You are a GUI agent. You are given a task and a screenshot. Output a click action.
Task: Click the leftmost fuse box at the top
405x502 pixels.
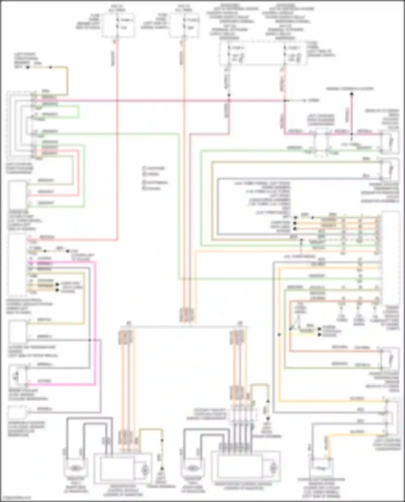(x=118, y=25)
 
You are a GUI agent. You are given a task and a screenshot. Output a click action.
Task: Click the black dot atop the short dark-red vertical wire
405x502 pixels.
(x=352, y=94)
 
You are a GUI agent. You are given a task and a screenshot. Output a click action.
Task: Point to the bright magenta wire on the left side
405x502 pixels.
(x=95, y=324)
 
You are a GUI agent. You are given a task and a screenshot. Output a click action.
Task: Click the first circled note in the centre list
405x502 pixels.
(x=144, y=168)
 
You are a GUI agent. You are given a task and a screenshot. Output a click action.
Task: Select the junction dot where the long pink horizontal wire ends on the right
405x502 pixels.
(x=285, y=101)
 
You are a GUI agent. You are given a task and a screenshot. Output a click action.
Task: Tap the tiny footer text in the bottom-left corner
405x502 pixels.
(x=16, y=497)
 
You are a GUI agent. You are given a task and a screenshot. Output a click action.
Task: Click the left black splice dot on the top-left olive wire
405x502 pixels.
(x=28, y=67)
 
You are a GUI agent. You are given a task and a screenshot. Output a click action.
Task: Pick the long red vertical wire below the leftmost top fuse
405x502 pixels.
(x=117, y=140)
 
